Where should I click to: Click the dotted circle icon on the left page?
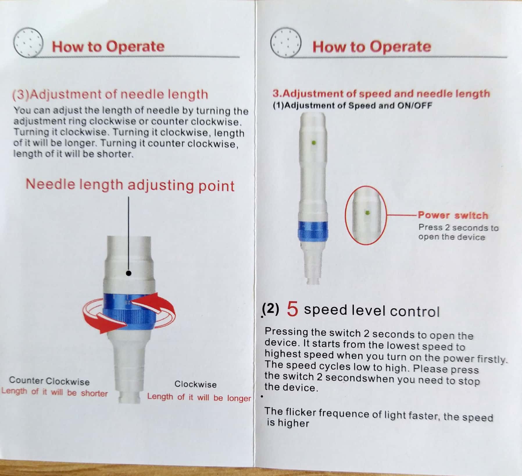point(28,42)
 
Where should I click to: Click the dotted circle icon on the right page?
point(286,42)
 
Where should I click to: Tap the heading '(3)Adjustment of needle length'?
point(110,94)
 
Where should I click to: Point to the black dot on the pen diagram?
point(129,273)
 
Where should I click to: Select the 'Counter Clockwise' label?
point(49,381)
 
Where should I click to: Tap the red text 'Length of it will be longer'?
point(199,397)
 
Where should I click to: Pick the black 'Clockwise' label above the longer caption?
point(196,384)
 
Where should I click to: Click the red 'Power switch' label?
point(453,215)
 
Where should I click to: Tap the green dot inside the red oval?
point(367,213)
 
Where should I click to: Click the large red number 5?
point(292,309)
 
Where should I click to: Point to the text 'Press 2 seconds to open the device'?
point(458,232)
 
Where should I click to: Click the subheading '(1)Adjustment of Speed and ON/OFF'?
point(352,105)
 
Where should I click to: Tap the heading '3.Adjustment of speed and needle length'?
point(381,93)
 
